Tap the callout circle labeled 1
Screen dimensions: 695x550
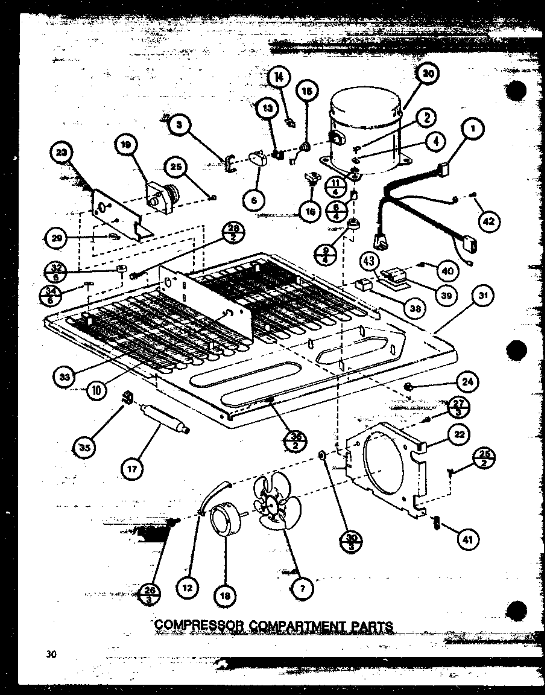[x=474, y=129]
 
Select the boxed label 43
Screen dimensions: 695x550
[x=369, y=262]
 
